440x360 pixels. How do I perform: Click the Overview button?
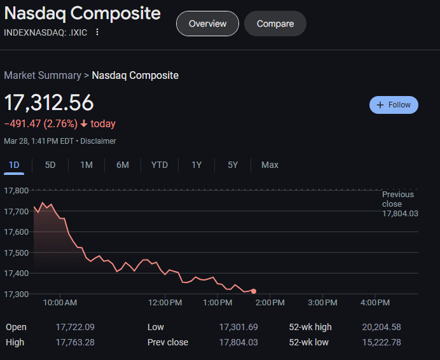tap(207, 24)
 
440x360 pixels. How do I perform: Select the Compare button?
tap(275, 24)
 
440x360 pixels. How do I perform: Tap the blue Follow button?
tap(394, 105)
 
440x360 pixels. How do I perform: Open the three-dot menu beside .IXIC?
tap(97, 32)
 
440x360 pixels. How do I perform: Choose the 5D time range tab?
tap(50, 165)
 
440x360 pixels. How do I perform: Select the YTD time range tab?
tap(160, 165)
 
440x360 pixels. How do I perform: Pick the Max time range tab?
tap(270, 165)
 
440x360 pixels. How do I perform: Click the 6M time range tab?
tap(123, 165)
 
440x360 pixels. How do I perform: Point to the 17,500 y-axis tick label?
tap(17, 253)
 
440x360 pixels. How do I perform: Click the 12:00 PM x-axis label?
tap(165, 302)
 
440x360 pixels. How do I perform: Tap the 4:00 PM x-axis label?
tap(375, 302)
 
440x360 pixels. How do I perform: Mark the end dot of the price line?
tap(254, 291)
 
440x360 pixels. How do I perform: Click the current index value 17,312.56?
tap(49, 103)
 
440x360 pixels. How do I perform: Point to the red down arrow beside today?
tap(83, 123)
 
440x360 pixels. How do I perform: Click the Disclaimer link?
tap(98, 141)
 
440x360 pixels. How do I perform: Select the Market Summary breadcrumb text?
tap(43, 76)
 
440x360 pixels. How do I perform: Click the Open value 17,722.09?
tap(75, 327)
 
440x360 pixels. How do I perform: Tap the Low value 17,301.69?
tap(238, 327)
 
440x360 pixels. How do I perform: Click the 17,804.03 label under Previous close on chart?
tap(400, 214)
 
